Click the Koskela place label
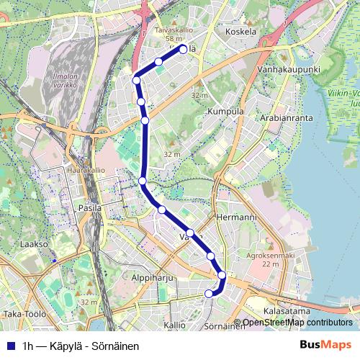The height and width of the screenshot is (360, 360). [x=240, y=32]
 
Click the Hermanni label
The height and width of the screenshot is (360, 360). [x=236, y=217]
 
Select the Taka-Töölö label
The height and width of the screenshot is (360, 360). [x=24, y=314]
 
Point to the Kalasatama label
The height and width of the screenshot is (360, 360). [x=287, y=310]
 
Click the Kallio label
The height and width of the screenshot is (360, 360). [x=174, y=325]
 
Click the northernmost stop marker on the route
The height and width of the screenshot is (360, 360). [x=183, y=49]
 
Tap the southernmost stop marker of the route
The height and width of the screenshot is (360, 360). [x=210, y=293]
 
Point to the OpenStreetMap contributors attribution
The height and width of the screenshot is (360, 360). [x=297, y=323]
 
